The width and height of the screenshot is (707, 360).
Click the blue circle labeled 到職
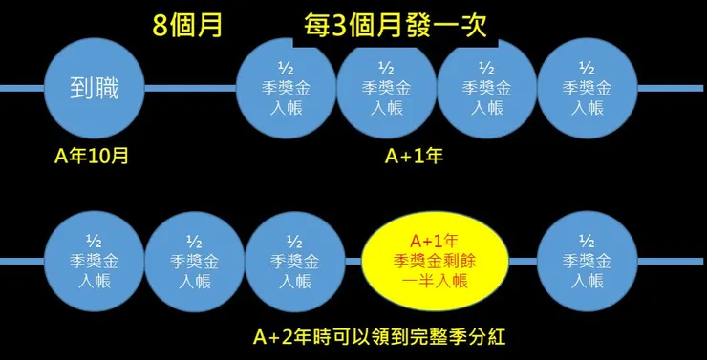tap(94, 88)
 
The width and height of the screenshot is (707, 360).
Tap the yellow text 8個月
tap(188, 25)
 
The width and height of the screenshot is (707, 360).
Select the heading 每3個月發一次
tap(396, 25)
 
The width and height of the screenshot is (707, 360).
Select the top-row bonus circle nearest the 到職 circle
tap(287, 88)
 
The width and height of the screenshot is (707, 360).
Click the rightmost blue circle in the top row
tap(587, 88)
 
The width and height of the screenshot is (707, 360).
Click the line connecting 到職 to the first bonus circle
tap(190, 88)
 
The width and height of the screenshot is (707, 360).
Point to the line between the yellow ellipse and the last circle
tap(524, 260)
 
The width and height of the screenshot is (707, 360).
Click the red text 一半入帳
tap(435, 279)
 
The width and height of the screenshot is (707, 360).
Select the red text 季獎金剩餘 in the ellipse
tap(435, 259)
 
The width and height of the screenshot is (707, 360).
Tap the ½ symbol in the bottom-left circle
tap(94, 240)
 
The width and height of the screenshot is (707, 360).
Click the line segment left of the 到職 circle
tap(21, 88)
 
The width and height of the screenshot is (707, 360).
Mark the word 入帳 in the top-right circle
tap(587, 108)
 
